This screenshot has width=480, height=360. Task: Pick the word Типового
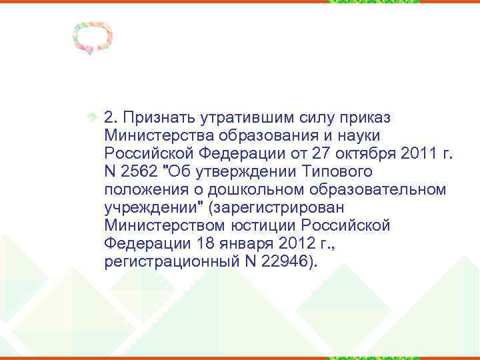pyautogui.click(x=339, y=172)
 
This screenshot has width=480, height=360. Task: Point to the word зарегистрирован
pyautogui.click(x=267, y=208)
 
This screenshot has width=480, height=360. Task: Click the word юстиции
pyautogui.click(x=253, y=226)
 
